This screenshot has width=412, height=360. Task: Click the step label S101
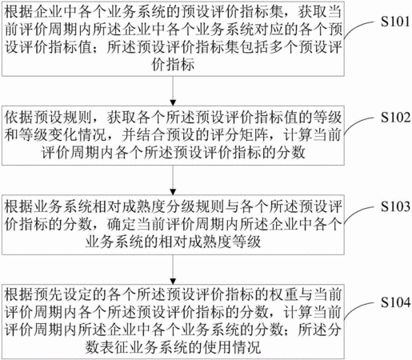[x=395, y=22]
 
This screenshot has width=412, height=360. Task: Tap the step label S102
[x=395, y=118]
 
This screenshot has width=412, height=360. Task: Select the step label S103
[x=395, y=206]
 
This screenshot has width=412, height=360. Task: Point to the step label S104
[x=395, y=302]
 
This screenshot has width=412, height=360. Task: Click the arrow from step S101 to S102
[x=173, y=91]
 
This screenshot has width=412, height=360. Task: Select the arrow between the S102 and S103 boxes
[x=173, y=180]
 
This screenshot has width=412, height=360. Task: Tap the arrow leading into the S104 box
[x=173, y=270]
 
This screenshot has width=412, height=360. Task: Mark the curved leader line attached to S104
[x=358, y=310]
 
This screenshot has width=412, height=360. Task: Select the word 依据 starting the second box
[x=19, y=118]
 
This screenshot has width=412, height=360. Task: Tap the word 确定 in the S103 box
[x=122, y=224]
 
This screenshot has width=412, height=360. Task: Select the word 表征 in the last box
[x=114, y=347]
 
